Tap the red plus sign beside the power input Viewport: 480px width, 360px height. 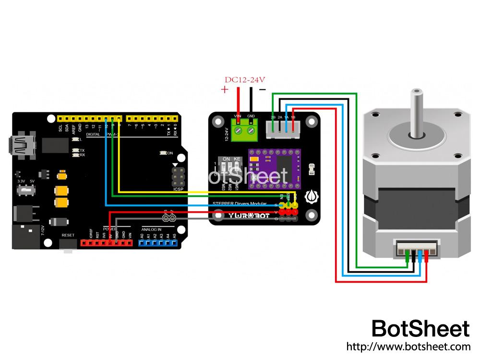click(224, 90)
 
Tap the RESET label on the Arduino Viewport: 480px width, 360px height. click(68, 235)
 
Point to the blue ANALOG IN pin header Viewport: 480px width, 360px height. click(158, 243)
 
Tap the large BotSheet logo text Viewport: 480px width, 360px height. click(420, 329)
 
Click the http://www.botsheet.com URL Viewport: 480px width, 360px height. click(408, 346)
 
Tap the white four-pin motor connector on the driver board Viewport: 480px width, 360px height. click(283, 128)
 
